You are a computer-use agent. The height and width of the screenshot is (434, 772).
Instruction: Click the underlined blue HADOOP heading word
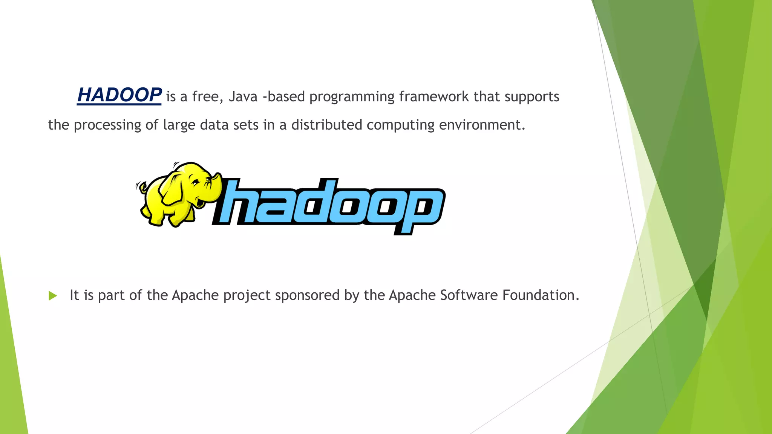click(119, 95)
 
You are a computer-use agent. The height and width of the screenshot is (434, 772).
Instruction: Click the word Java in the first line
click(243, 97)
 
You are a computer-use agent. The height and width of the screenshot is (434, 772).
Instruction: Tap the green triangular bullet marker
click(53, 296)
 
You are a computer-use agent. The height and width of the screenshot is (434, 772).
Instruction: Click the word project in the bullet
click(247, 296)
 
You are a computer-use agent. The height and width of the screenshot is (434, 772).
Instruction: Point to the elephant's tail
click(141, 186)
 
